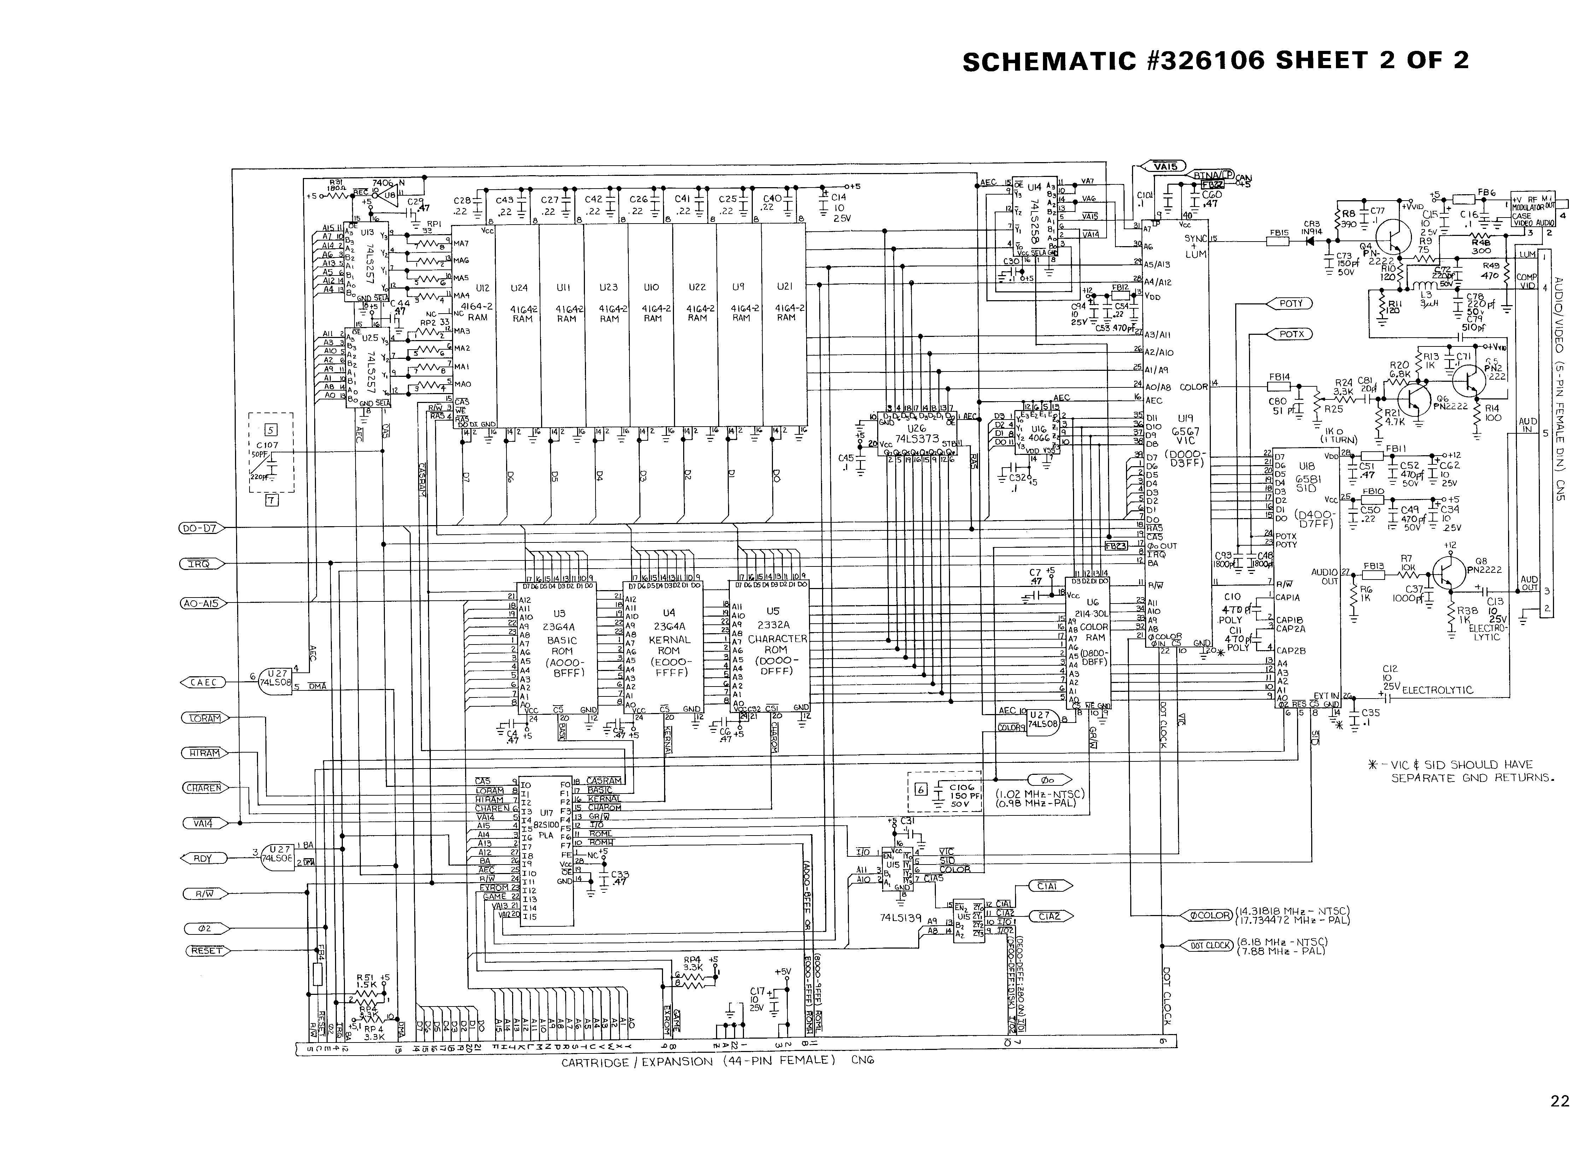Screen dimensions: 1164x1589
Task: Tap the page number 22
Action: [1559, 1100]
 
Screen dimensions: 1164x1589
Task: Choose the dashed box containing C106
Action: [945, 792]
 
